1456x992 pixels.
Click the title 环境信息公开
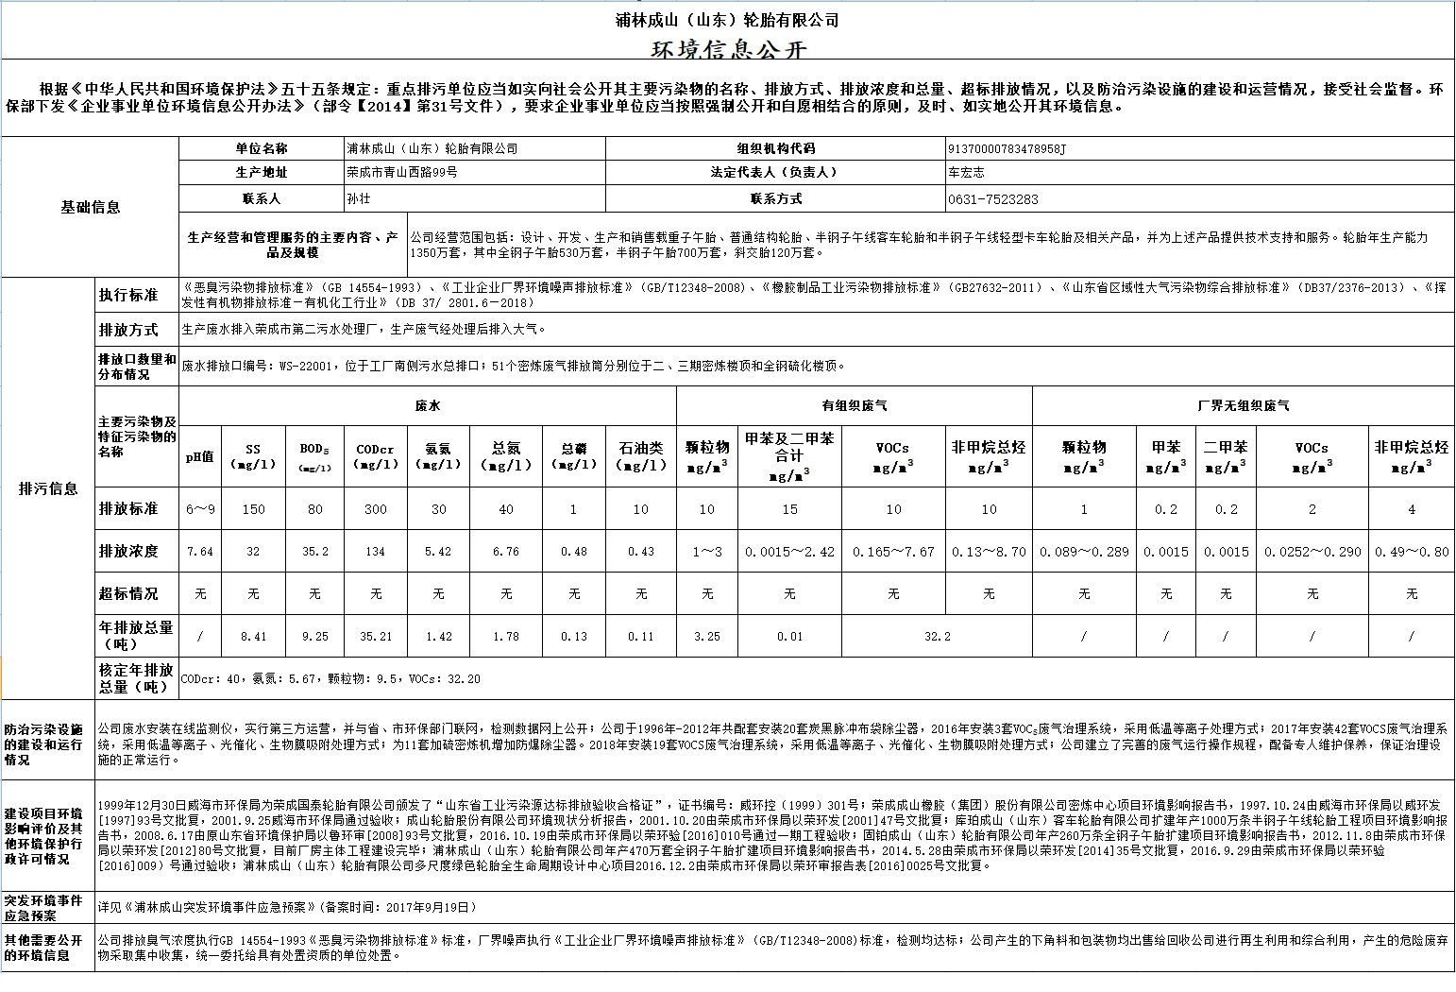(x=727, y=48)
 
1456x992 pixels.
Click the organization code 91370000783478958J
(x=1006, y=148)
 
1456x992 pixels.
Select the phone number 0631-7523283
(x=992, y=199)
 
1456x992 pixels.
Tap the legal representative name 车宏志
(x=966, y=173)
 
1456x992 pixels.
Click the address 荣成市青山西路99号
(x=402, y=173)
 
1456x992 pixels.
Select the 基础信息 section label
(x=91, y=208)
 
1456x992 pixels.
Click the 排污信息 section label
(x=49, y=488)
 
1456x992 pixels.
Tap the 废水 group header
(x=427, y=405)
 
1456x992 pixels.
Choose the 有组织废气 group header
(x=854, y=405)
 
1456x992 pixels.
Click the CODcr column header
(x=376, y=456)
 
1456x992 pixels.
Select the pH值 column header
(x=199, y=456)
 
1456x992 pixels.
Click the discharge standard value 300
(x=376, y=509)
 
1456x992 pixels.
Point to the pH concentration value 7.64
(x=199, y=552)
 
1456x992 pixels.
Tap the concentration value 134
(x=376, y=552)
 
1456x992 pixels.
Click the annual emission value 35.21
(x=376, y=637)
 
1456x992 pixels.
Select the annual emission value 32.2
(x=937, y=637)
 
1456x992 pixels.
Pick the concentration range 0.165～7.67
(x=893, y=552)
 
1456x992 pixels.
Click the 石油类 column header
(x=641, y=456)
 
